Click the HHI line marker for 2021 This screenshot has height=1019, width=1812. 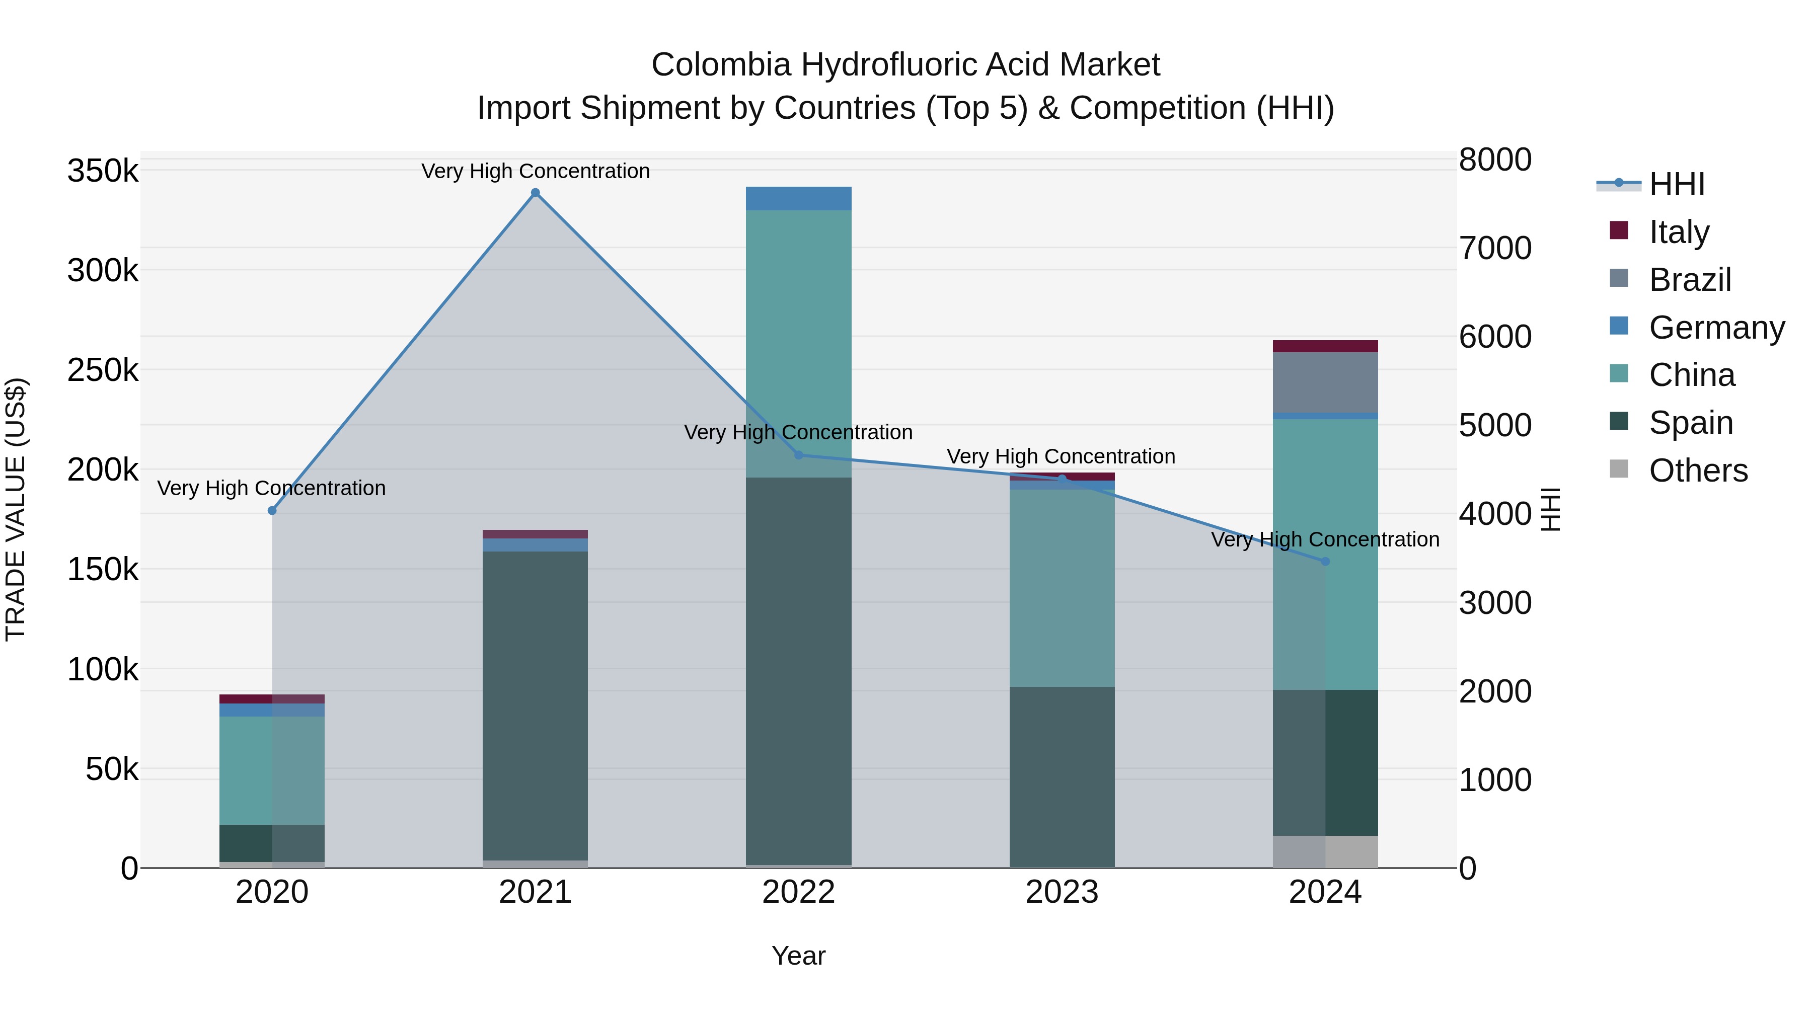coord(536,193)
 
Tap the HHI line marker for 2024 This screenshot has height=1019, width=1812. coord(1325,561)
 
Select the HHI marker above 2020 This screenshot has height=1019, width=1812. coord(272,511)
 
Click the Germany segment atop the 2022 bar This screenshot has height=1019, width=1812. coord(798,198)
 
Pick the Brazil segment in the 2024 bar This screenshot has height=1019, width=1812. coord(1325,382)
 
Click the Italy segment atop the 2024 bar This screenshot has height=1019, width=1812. coord(1325,346)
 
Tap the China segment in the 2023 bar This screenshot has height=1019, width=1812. coord(1062,587)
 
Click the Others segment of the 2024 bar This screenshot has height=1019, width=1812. coord(1325,851)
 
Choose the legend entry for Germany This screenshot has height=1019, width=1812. coord(1716,328)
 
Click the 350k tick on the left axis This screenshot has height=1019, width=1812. coord(103,171)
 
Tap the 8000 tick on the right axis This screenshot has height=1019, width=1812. coord(1495,160)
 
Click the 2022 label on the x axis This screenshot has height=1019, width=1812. coord(798,892)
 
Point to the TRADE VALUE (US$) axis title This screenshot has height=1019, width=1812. coord(16,509)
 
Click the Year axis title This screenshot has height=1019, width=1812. coord(798,956)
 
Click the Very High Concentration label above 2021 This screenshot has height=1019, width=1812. coord(536,171)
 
